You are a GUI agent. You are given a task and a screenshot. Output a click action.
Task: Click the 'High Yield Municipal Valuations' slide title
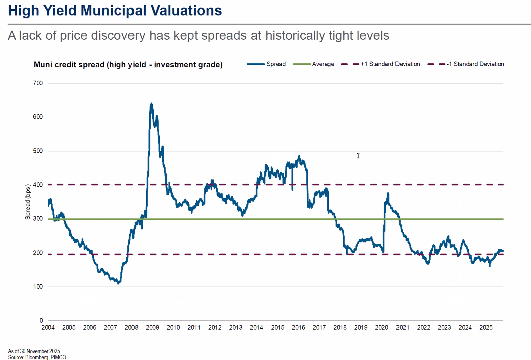click(x=115, y=10)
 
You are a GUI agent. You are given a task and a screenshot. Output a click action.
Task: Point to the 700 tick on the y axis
click(x=38, y=83)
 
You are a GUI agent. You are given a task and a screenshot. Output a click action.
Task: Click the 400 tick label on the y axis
click(x=38, y=185)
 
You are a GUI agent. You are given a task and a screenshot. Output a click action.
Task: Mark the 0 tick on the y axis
click(x=41, y=320)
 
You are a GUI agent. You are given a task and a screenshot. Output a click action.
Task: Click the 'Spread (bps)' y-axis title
click(x=28, y=202)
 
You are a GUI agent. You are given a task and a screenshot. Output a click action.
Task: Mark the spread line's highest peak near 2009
click(x=151, y=104)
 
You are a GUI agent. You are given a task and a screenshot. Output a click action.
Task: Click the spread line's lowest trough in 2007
click(x=118, y=283)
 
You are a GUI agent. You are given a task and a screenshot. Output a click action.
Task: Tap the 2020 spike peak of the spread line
click(x=388, y=193)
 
